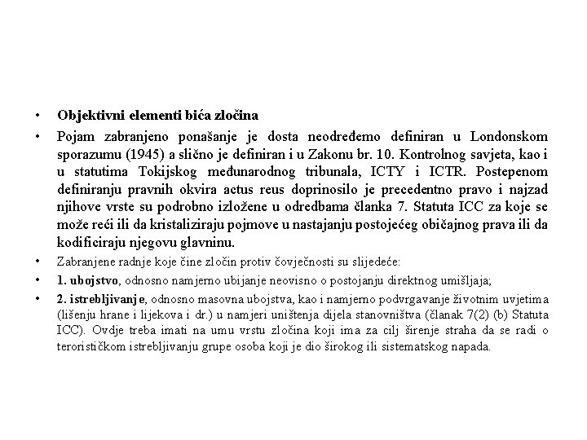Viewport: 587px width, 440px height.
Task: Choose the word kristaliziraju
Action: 185,224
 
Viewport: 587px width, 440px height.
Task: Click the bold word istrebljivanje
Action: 106,299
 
